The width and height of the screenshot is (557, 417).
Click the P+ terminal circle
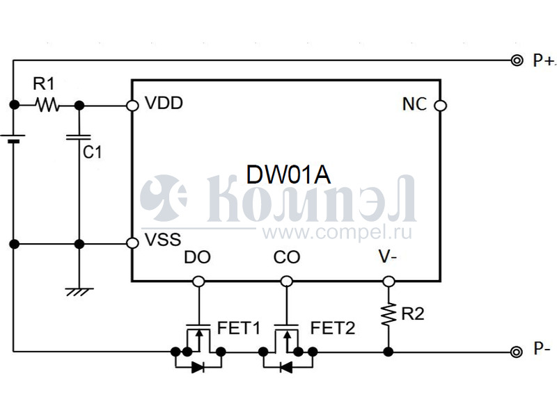(516, 60)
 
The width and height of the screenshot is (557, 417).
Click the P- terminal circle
(516, 352)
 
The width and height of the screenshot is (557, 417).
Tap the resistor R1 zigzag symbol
(47, 105)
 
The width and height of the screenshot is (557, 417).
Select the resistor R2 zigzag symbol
(389, 314)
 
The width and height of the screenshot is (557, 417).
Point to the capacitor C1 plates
(79, 137)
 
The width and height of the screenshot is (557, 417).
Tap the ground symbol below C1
(79, 291)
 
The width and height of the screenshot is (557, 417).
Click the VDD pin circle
(132, 106)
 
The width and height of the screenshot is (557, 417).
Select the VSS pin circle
(132, 243)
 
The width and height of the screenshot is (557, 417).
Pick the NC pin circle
(439, 106)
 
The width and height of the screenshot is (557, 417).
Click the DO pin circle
(198, 281)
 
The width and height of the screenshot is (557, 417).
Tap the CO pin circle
(285, 281)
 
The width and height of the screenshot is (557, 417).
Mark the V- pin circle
(389, 281)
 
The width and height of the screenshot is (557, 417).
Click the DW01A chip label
(288, 174)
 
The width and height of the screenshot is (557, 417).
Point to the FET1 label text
(238, 327)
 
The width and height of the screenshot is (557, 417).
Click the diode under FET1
(198, 368)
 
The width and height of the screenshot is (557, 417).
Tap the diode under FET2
(285, 368)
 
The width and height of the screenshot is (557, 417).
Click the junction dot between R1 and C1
(79, 106)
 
